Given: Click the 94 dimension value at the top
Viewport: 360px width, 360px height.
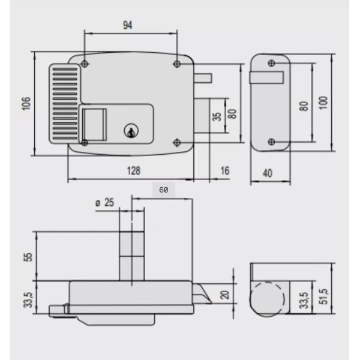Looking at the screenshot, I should tap(127, 25).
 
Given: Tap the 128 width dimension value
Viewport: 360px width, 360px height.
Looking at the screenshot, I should tap(134, 171).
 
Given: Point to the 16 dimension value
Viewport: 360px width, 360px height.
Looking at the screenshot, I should tap(225, 171).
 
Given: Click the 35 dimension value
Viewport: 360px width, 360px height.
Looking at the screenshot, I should tap(217, 115).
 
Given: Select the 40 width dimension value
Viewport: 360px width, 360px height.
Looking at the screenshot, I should tap(268, 173).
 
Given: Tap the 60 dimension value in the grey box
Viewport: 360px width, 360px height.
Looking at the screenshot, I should tap(163, 189).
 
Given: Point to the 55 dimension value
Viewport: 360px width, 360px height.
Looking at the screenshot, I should tap(26, 257).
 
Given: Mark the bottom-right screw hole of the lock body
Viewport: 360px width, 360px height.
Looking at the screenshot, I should tap(177, 142).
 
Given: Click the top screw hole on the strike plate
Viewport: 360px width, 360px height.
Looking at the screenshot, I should tap(272, 63).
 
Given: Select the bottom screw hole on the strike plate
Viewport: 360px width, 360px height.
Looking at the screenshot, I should tap(272, 142).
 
